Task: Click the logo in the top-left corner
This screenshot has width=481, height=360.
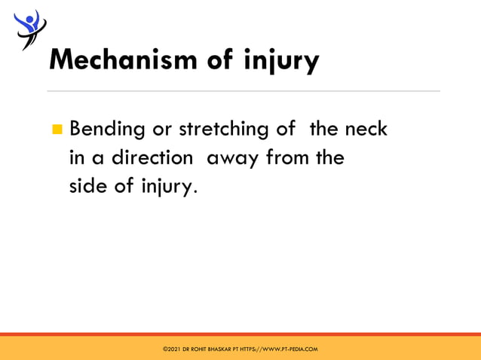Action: pyautogui.click(x=28, y=29)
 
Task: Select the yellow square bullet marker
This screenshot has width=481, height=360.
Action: pyautogui.click(x=57, y=130)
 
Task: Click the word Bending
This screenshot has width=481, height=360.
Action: pyautogui.click(x=107, y=130)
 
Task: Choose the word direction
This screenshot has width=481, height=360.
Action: pyautogui.click(x=152, y=157)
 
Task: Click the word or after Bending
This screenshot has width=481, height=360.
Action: pyautogui.click(x=161, y=130)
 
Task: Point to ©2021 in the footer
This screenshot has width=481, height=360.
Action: pyautogui.click(x=171, y=349)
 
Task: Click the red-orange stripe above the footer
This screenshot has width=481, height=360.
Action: pyautogui.click(x=240, y=334)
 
